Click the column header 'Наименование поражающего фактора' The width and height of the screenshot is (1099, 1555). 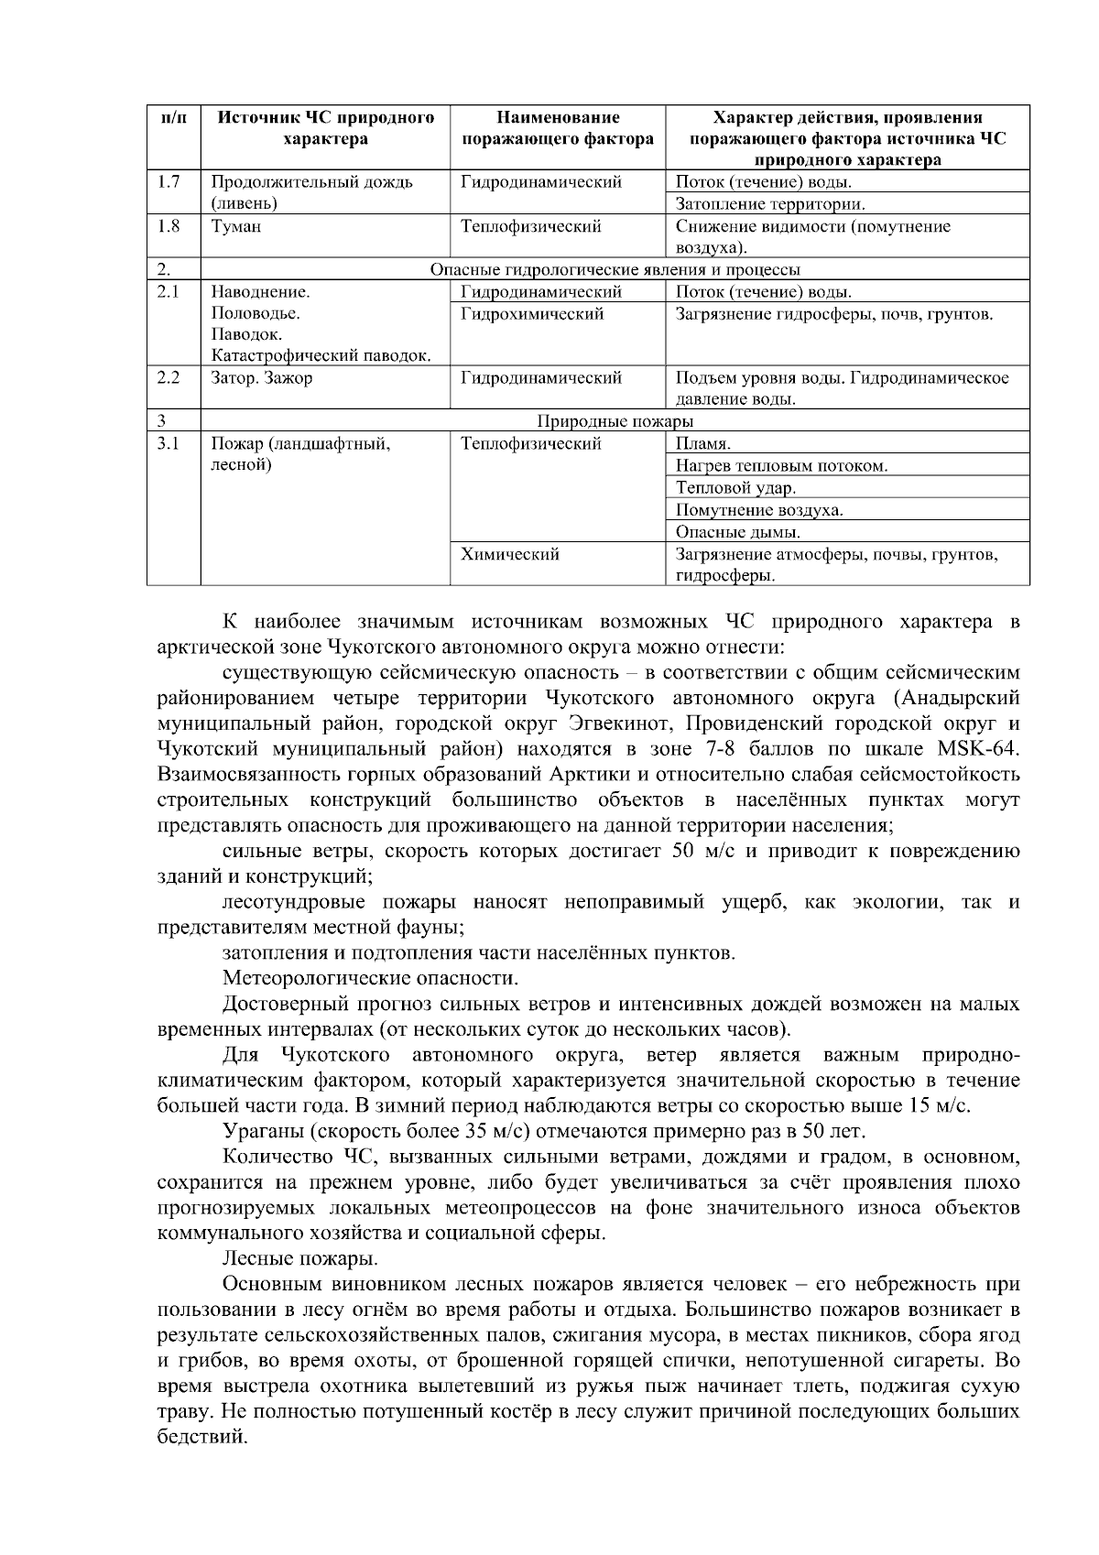tap(557, 128)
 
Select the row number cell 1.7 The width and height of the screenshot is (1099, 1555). tap(169, 182)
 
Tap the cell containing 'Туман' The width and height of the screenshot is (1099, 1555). tap(237, 226)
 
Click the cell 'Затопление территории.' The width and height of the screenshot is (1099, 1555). tap(770, 204)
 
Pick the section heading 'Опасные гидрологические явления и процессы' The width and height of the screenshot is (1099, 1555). tap(615, 270)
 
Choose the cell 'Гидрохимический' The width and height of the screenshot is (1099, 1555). tap(532, 314)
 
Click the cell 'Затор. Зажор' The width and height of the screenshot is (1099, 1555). tap(262, 378)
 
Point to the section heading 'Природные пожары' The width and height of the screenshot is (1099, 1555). tap(615, 421)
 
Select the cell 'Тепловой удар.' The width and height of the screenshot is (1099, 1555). tap(735, 488)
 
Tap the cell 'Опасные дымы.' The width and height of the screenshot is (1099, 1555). tap(738, 532)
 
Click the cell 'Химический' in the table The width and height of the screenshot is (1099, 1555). tap(510, 554)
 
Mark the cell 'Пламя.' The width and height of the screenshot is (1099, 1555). tap(702, 444)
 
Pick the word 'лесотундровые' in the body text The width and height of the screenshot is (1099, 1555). tap(294, 902)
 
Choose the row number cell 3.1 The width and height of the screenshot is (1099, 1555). tap(169, 444)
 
